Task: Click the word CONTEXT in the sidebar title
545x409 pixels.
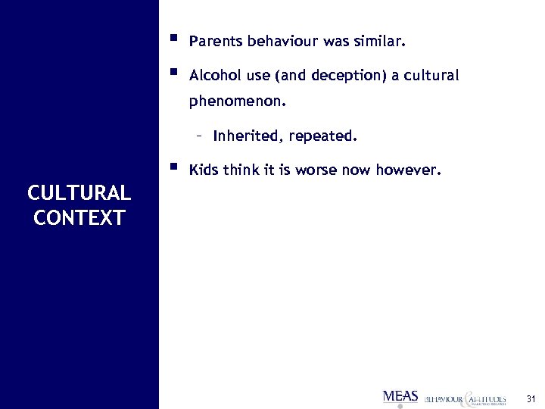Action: tap(79, 218)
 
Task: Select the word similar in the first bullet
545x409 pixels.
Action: tap(382, 43)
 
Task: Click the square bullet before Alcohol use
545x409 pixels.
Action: tap(173, 73)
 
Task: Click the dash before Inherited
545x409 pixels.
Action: tap(198, 137)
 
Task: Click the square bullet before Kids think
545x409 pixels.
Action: tap(173, 165)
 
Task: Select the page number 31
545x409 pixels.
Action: tap(531, 398)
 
